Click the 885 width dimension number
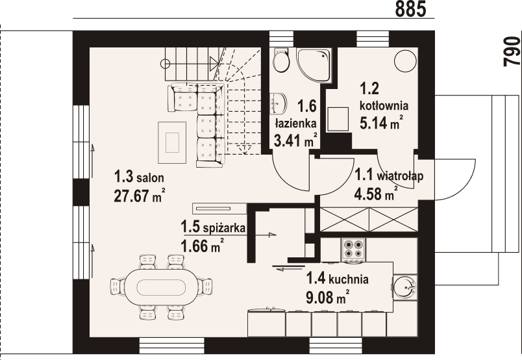click(410, 9)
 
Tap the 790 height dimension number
click(512, 52)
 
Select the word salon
click(150, 177)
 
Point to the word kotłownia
click(384, 106)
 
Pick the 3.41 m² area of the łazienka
click(295, 140)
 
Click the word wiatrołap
click(400, 175)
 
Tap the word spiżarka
click(224, 228)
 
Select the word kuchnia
click(348, 279)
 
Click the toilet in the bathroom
click(280, 60)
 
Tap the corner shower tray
click(314, 66)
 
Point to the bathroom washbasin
click(278, 103)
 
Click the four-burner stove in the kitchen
click(353, 249)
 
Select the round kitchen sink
click(404, 287)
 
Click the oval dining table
click(161, 287)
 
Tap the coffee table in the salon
click(172, 142)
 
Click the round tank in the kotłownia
click(405, 60)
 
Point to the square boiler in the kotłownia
click(338, 119)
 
